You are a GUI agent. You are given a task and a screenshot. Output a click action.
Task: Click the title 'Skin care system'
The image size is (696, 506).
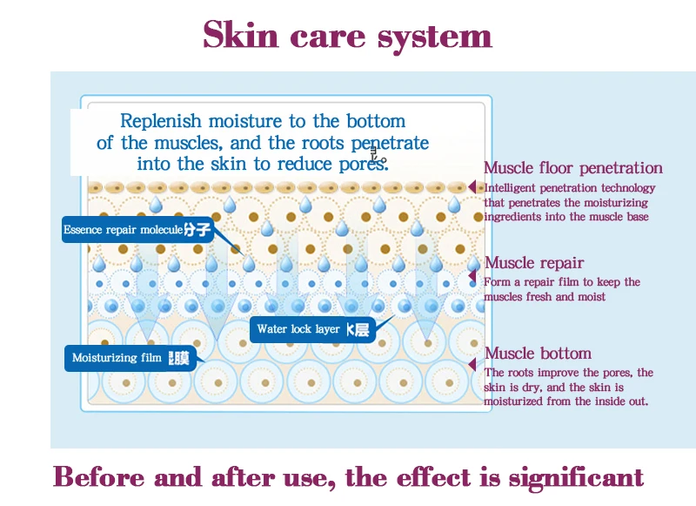coord(347,36)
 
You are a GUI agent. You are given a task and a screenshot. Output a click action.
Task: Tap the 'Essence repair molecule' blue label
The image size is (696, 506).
coord(137,230)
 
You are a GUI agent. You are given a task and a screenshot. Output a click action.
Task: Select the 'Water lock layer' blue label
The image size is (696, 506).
coord(311,329)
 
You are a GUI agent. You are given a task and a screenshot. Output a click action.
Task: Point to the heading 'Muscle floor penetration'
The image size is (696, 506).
coord(572,168)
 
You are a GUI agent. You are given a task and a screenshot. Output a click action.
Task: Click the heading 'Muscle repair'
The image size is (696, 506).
coord(534,263)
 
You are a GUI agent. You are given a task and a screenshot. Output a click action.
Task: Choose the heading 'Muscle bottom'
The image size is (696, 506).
coord(538,354)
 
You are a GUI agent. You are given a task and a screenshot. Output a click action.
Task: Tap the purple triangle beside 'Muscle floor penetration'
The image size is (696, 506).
coord(473,187)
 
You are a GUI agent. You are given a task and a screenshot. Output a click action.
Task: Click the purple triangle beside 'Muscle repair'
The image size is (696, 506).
coord(473,280)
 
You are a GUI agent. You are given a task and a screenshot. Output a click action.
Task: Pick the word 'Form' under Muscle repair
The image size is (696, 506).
coord(497,282)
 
